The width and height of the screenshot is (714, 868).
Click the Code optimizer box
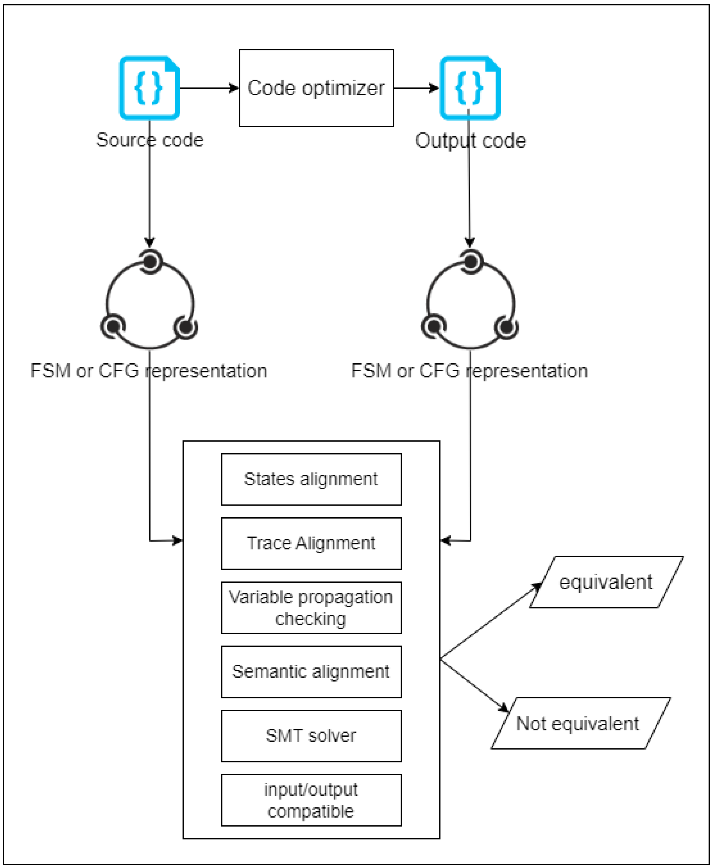[x=316, y=88]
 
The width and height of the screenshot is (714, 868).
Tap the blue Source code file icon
[x=149, y=88]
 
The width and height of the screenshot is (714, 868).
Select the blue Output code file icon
[x=470, y=88]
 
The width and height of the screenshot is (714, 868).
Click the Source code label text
[x=150, y=140]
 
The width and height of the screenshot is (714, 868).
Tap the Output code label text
[x=471, y=141]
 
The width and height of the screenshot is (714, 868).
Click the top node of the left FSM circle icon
[x=150, y=261]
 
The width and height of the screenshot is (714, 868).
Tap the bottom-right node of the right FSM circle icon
[x=506, y=327]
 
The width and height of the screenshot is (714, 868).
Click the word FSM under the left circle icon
[x=50, y=371]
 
